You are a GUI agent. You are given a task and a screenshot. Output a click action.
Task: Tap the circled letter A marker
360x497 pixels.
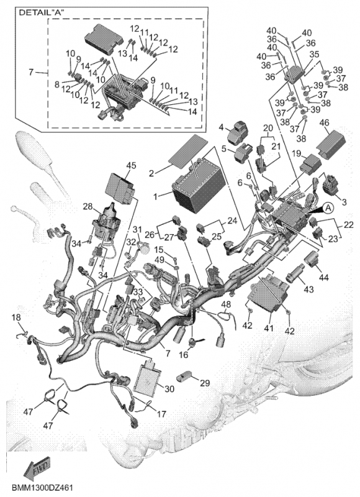pyautogui.click(x=328, y=208)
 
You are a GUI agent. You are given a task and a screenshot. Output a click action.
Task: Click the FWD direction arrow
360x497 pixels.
pyautogui.click(x=37, y=468)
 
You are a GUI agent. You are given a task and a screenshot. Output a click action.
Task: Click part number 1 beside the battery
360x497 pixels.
pyautogui.click(x=155, y=196)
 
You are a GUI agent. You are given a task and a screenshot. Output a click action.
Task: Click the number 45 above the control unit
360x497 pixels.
pyautogui.click(x=131, y=165)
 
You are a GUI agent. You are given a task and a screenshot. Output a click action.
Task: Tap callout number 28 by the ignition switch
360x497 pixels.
pyautogui.click(x=88, y=207)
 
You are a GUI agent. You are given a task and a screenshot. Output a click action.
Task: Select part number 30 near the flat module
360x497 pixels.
pyautogui.click(x=169, y=388)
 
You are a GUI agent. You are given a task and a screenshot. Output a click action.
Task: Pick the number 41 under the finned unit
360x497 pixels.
pyautogui.click(x=269, y=329)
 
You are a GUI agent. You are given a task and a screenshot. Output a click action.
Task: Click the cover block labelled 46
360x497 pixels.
pyautogui.click(x=330, y=143)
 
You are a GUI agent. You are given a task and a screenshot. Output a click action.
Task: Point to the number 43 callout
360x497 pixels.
pyautogui.click(x=308, y=290)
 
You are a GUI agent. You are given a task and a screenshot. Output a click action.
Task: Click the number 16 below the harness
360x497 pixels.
pyautogui.click(x=184, y=354)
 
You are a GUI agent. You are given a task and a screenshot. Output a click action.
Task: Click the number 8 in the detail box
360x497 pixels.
pyautogui.click(x=57, y=84)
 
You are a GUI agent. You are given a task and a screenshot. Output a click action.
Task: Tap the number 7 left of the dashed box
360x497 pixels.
pyautogui.click(x=30, y=72)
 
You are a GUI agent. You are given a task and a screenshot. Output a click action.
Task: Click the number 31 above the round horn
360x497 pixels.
pyautogui.click(x=137, y=229)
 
